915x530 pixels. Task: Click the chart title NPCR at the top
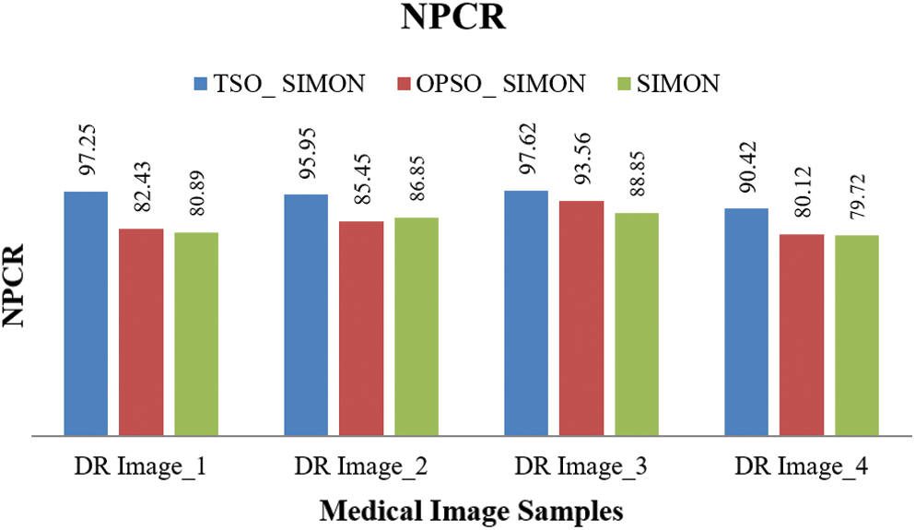click(x=454, y=19)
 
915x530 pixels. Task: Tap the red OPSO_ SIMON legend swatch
click(x=403, y=84)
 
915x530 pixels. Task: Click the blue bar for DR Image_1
click(x=86, y=313)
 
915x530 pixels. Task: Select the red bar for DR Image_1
click(x=141, y=332)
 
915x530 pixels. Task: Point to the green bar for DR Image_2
click(x=416, y=326)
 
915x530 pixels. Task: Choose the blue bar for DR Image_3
click(x=526, y=312)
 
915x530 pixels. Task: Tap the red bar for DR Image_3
click(x=581, y=318)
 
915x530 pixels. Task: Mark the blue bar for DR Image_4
click(x=746, y=322)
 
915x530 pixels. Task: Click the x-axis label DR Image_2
click(x=361, y=467)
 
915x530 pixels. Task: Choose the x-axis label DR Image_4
click(x=802, y=467)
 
